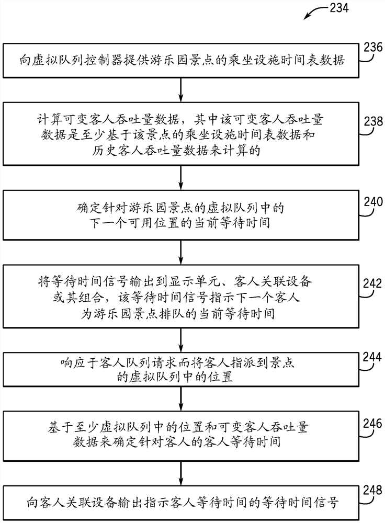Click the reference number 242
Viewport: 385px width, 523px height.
click(x=368, y=283)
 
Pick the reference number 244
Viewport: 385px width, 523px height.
click(x=368, y=358)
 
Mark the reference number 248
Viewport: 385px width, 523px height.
click(x=368, y=492)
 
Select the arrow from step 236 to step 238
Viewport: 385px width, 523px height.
click(x=180, y=89)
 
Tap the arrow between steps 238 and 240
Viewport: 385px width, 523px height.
click(x=180, y=177)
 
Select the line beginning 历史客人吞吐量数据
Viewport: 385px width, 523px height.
click(x=179, y=151)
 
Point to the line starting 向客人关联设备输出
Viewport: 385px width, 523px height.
click(x=179, y=503)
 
